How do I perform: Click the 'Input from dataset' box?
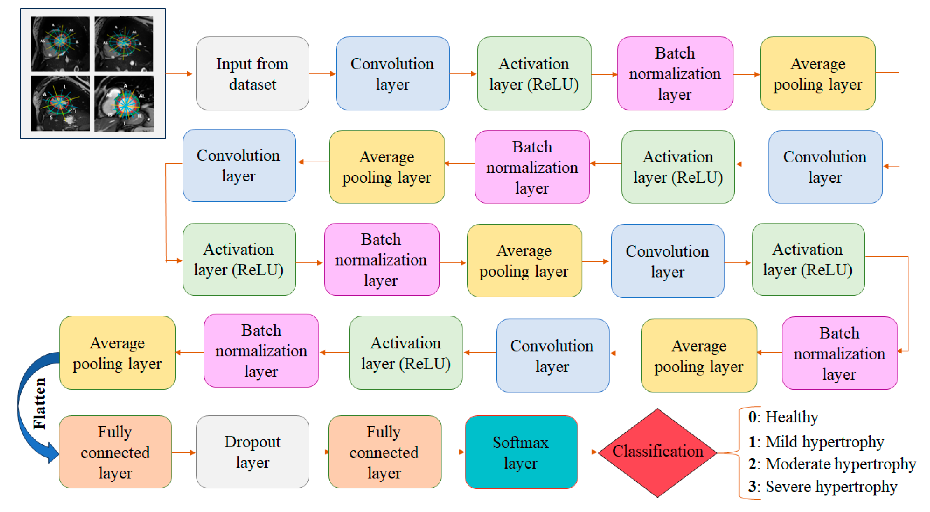252,73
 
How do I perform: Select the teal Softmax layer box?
521,452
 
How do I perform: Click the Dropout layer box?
252,452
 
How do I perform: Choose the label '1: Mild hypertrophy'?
816,441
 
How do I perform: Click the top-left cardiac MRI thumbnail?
60,44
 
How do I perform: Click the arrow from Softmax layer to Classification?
588,452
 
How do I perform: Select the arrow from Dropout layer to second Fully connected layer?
318,452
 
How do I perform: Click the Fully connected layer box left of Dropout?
115,452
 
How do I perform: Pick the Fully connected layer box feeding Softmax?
384,452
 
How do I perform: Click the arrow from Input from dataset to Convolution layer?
322,74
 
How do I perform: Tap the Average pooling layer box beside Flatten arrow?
117,353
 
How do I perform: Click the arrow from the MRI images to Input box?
179,74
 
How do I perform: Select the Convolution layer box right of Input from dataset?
392,73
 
